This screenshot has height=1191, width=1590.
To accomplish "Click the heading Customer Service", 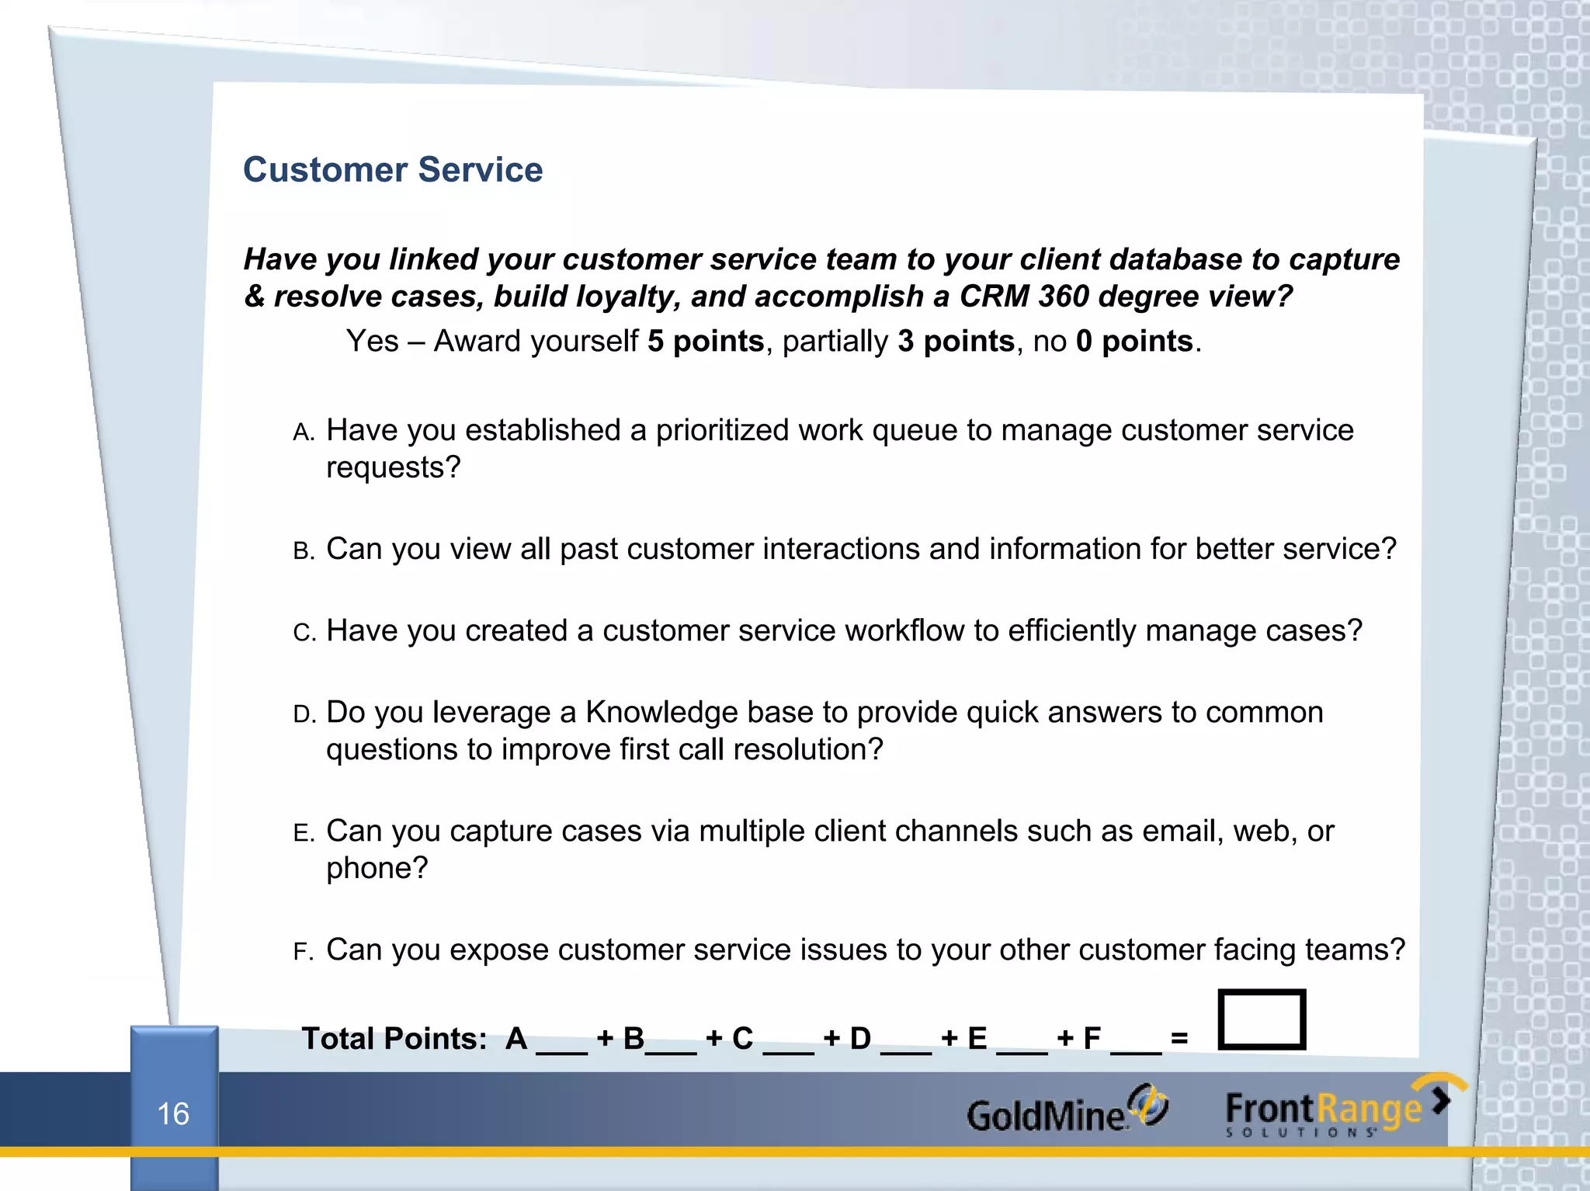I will pyautogui.click(x=393, y=169).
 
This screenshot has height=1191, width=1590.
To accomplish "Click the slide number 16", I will pyautogui.click(x=173, y=1113).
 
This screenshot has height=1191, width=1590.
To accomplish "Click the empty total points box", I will pyautogui.click(x=1262, y=1019).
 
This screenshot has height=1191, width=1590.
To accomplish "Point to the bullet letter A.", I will pyautogui.click(x=303, y=432).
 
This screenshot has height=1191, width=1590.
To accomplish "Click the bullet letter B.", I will pyautogui.click(x=303, y=551).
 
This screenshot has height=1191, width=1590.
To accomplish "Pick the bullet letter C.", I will pyautogui.click(x=303, y=633).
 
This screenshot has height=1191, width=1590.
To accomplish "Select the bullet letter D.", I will pyautogui.click(x=303, y=714).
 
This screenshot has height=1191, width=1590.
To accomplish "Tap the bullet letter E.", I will pyautogui.click(x=303, y=833).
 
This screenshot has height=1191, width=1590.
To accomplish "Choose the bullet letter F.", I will pyautogui.click(x=302, y=952).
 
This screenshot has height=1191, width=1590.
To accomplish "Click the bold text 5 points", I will pyautogui.click(x=706, y=341).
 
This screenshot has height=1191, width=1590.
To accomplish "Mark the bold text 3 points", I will pyautogui.click(x=956, y=341).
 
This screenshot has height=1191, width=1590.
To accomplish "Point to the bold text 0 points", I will pyautogui.click(x=1134, y=341).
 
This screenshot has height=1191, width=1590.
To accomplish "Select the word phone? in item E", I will pyautogui.click(x=377, y=868).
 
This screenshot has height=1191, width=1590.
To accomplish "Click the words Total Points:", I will pyautogui.click(x=394, y=1038).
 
